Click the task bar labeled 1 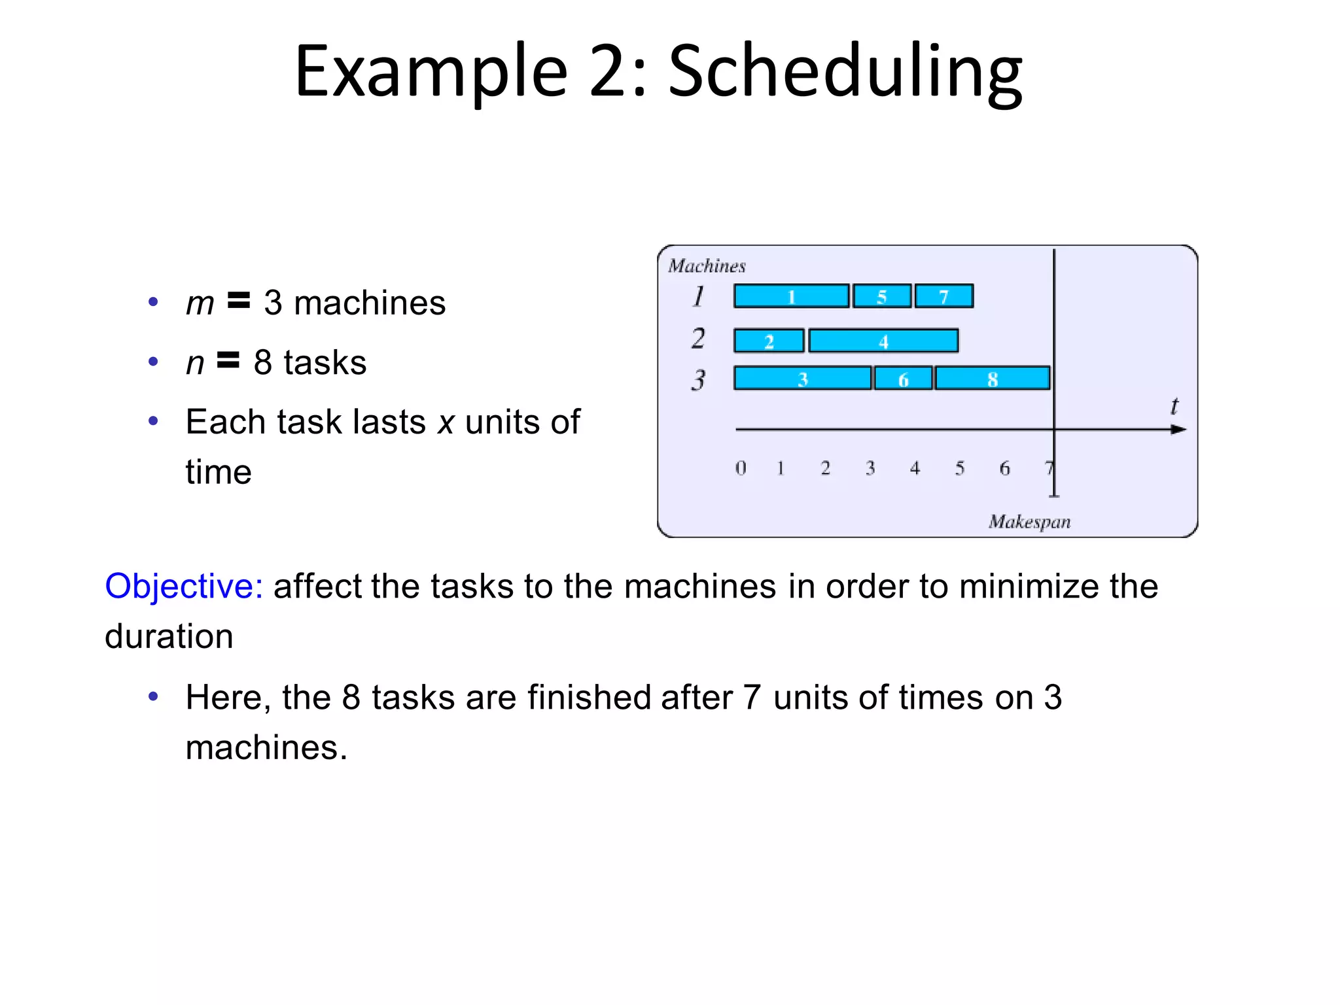791,296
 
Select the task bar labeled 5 882,296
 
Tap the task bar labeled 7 943,296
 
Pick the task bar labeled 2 769,341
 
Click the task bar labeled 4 883,341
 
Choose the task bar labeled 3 803,379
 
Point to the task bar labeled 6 903,379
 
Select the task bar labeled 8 992,379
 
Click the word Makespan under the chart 1029,522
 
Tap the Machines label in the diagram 707,266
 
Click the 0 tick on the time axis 740,468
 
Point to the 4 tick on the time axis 915,468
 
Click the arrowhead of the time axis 1178,430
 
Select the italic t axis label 1174,407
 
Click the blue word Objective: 184,587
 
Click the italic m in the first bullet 200,304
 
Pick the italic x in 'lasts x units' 446,422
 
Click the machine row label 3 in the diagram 698,379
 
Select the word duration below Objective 169,637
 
